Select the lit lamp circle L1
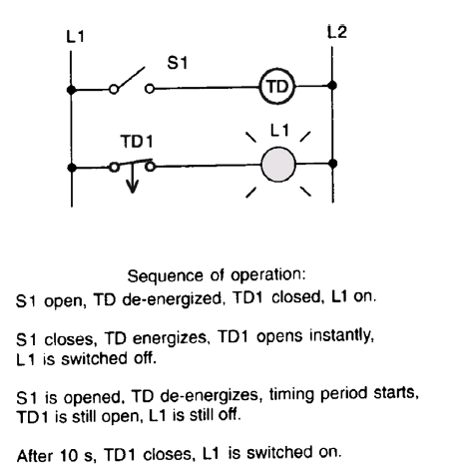[x=278, y=165]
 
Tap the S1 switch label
[x=178, y=63]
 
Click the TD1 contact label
[x=137, y=142]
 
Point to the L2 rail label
[x=337, y=32]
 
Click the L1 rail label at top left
[x=75, y=36]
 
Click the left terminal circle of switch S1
[x=114, y=90]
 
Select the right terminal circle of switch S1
[x=150, y=89]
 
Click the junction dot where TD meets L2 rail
[x=332, y=86]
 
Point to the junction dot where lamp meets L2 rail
[x=332, y=164]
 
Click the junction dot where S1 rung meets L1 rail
[x=71, y=90]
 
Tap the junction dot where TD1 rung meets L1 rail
[x=72, y=168]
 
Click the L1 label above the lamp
[x=279, y=130]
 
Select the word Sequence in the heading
[x=165, y=276]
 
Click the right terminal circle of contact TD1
[x=151, y=167]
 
